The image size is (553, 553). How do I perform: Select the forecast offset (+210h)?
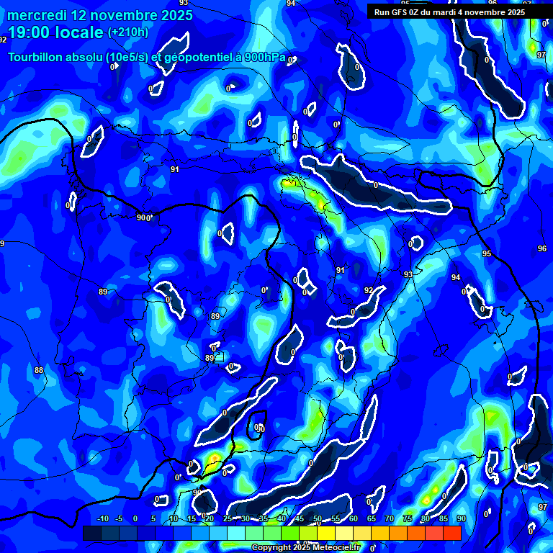tap(128, 32)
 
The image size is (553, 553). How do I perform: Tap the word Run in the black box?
tap(382, 12)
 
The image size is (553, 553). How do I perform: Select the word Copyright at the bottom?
tap(272, 548)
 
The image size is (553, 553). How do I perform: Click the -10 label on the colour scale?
tap(102, 519)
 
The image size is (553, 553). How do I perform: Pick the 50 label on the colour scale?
tap(318, 519)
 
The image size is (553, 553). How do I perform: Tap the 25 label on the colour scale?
tap(228, 519)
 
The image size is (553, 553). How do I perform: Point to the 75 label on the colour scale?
tap(407, 519)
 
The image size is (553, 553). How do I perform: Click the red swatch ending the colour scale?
tap(452, 533)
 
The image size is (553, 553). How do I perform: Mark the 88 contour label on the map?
tap(39, 370)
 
